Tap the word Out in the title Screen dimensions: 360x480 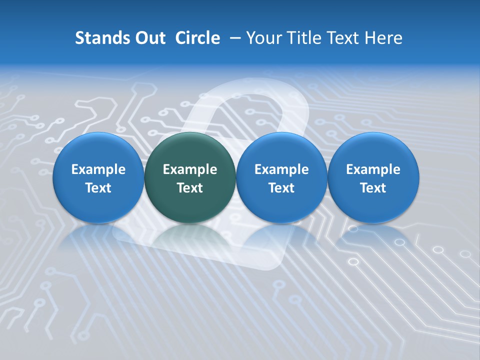coord(150,38)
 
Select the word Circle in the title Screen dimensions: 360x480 coord(197,38)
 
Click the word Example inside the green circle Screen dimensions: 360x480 coord(190,169)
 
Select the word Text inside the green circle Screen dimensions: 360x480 coord(190,188)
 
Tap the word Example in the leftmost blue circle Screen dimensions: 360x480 coord(98,169)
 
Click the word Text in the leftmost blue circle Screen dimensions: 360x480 coord(98,188)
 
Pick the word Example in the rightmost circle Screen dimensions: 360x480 coord(373,169)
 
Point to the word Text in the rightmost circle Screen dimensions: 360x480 coord(373,188)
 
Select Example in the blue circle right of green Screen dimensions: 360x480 coord(281,169)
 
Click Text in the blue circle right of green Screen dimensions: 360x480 coord(281,188)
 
